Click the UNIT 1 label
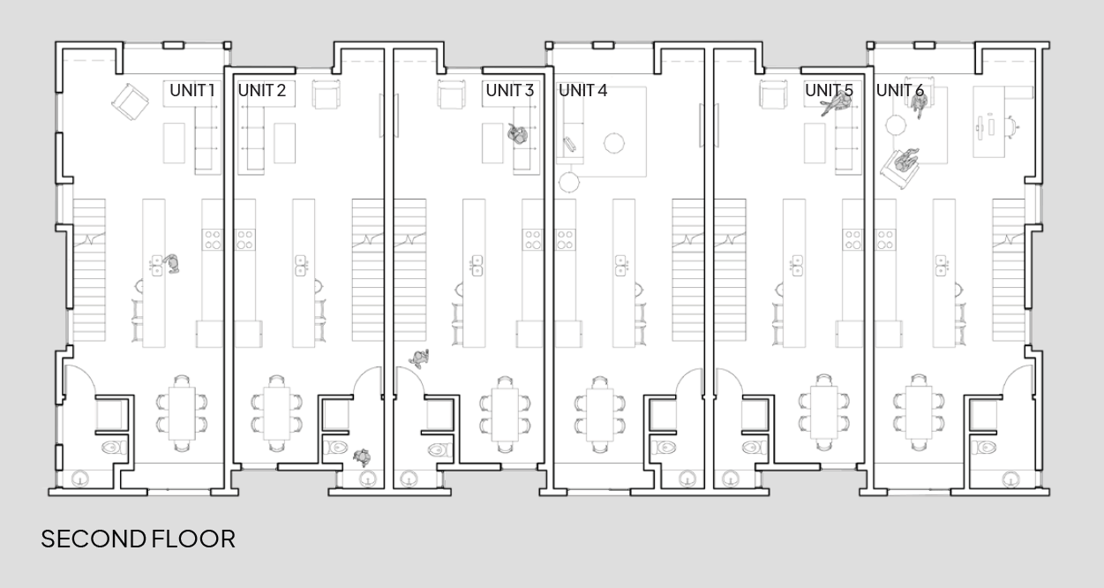[192, 90]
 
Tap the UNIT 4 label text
[582, 90]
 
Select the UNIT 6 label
[900, 90]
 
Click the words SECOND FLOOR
[139, 539]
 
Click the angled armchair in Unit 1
[130, 102]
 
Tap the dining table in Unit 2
[277, 411]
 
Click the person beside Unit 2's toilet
[362, 456]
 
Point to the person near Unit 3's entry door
[420, 358]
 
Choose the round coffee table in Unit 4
[613, 141]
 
